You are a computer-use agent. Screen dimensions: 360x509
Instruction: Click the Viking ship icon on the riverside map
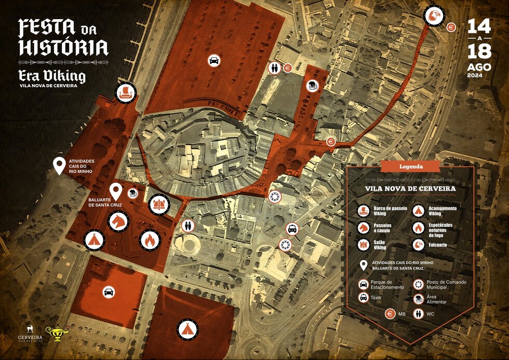tap(125, 94)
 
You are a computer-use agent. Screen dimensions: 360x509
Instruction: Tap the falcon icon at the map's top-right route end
tap(434, 16)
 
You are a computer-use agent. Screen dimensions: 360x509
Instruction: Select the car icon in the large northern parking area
tap(213, 61)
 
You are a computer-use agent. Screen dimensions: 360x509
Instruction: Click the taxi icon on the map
tap(292, 229)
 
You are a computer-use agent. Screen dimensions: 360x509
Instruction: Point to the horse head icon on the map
tap(118, 222)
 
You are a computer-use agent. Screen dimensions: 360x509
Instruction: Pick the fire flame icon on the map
tap(150, 239)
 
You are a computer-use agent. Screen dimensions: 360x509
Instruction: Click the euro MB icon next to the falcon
tap(451, 27)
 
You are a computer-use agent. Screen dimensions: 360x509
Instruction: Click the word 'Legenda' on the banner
tap(410, 167)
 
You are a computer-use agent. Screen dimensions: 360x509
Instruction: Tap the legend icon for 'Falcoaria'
tap(419, 245)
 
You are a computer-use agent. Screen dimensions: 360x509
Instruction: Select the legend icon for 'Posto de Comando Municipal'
tap(419, 284)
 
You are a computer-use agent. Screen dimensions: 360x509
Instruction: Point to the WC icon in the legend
tap(419, 314)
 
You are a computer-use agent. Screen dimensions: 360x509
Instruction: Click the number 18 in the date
tap(479, 51)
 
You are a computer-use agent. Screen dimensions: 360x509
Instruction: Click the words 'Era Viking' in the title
tap(52, 75)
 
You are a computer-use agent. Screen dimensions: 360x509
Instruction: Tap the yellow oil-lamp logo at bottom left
tap(56, 334)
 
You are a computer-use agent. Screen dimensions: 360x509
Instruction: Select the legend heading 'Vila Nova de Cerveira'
tap(410, 189)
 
